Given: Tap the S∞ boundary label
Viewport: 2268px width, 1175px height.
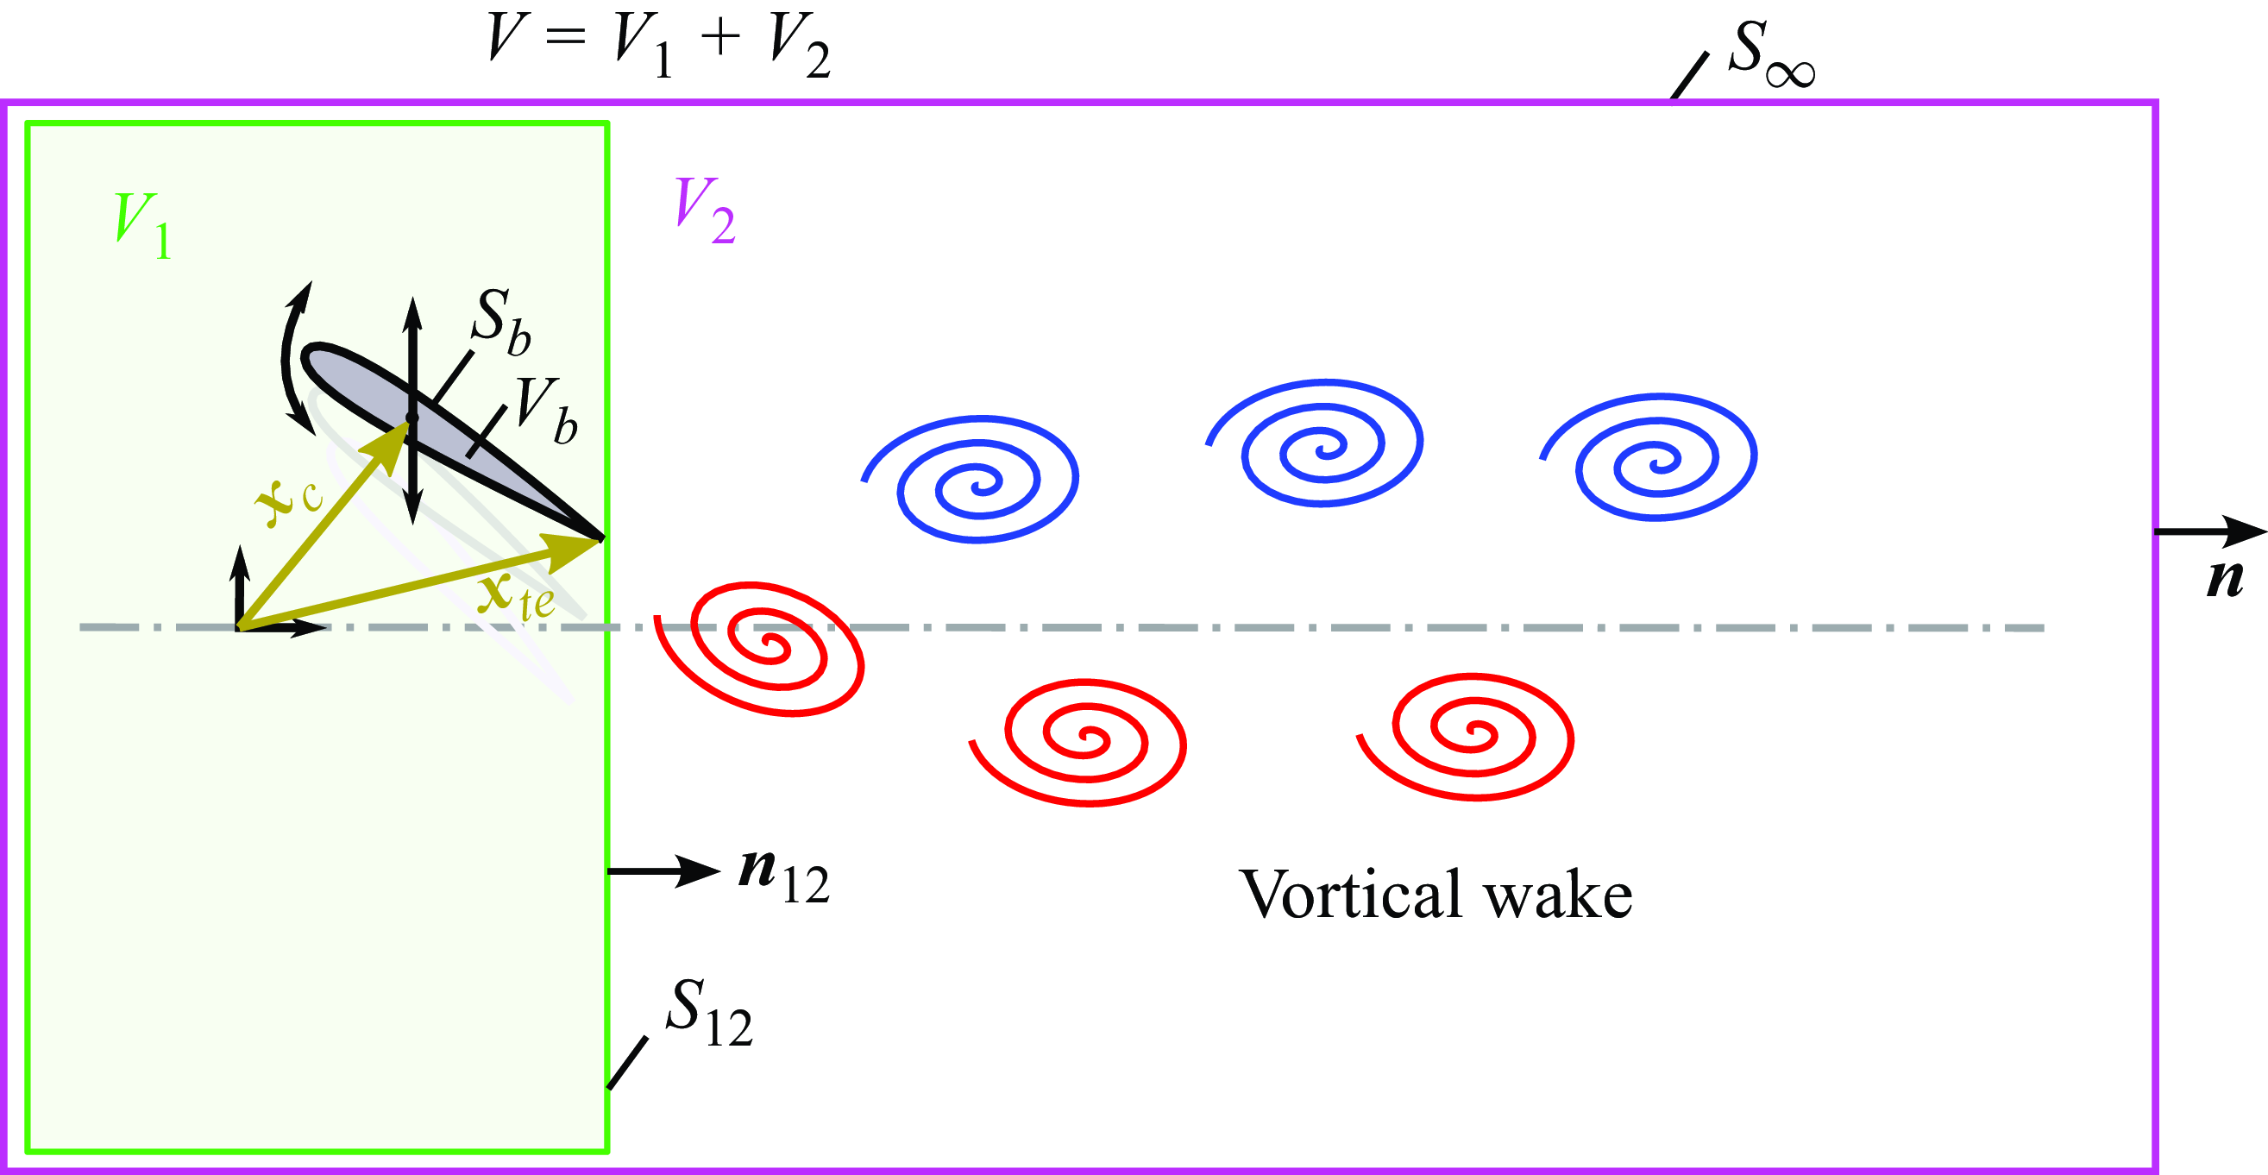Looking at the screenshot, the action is [1770, 53].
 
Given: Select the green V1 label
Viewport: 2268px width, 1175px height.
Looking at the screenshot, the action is [142, 225].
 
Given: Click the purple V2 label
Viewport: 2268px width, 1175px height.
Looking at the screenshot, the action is [704, 210].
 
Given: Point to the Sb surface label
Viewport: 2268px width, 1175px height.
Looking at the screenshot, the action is [502, 322].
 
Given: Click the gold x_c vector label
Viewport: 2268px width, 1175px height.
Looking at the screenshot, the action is [289, 503].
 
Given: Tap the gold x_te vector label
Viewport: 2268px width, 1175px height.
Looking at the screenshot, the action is [517, 597].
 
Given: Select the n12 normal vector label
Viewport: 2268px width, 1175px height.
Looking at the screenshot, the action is [783, 876].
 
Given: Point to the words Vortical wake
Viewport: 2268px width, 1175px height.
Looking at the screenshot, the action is [1436, 895].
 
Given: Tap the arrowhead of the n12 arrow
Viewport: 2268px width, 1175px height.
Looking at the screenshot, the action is [700, 871].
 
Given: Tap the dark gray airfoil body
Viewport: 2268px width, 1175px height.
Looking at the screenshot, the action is [440, 429].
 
